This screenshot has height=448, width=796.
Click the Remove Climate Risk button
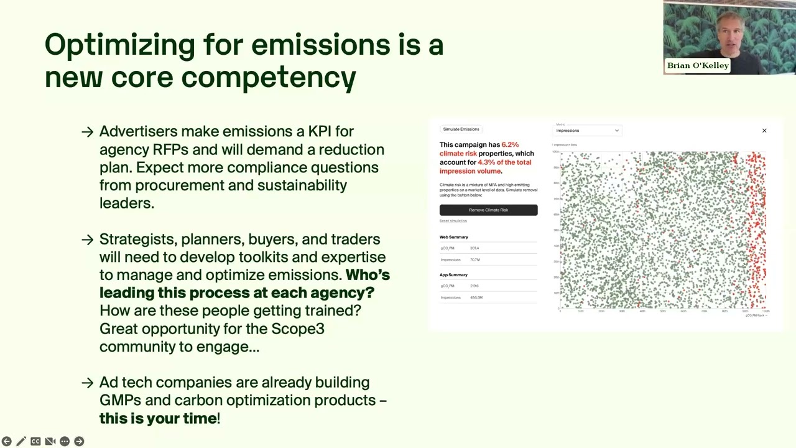[488, 210]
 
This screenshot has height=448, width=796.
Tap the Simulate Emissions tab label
[461, 129]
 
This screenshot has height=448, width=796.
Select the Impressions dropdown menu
[587, 131]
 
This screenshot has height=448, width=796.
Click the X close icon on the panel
[764, 131]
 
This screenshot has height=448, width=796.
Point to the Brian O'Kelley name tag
[697, 65]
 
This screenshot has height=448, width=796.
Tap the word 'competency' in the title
[269, 78]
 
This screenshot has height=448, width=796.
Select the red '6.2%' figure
[510, 145]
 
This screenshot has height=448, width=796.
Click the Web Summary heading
[454, 237]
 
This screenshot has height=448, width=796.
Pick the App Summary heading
[453, 275]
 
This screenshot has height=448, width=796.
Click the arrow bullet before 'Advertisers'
[87, 132]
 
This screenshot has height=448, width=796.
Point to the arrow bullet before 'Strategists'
[87, 240]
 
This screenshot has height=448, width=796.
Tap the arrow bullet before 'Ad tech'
[87, 383]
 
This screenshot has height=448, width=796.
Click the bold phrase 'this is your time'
[158, 418]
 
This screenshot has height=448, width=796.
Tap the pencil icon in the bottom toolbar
[21, 441]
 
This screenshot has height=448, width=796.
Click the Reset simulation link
[453, 221]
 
